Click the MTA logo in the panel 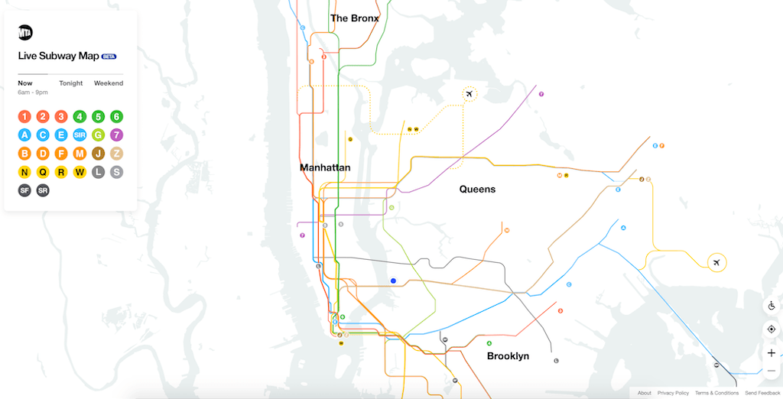pyautogui.click(x=25, y=33)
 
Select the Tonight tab pyautogui.click(x=70, y=83)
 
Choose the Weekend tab pyautogui.click(x=109, y=83)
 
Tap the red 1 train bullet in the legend pyautogui.click(x=24, y=117)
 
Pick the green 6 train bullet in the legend pyautogui.click(x=116, y=117)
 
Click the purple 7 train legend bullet pyautogui.click(x=116, y=135)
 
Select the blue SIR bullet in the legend pyautogui.click(x=80, y=135)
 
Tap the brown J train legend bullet pyautogui.click(x=98, y=154)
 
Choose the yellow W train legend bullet pyautogui.click(x=80, y=172)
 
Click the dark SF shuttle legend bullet pyautogui.click(x=24, y=190)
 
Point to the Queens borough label pyautogui.click(x=477, y=189)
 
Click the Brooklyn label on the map pyautogui.click(x=508, y=356)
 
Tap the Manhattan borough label pyautogui.click(x=325, y=167)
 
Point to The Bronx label pyautogui.click(x=354, y=18)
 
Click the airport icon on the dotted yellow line pyautogui.click(x=469, y=95)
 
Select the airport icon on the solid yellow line pyautogui.click(x=716, y=263)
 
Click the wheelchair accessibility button pyautogui.click(x=771, y=306)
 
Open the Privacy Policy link pyautogui.click(x=673, y=393)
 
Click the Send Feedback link pyautogui.click(x=762, y=393)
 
